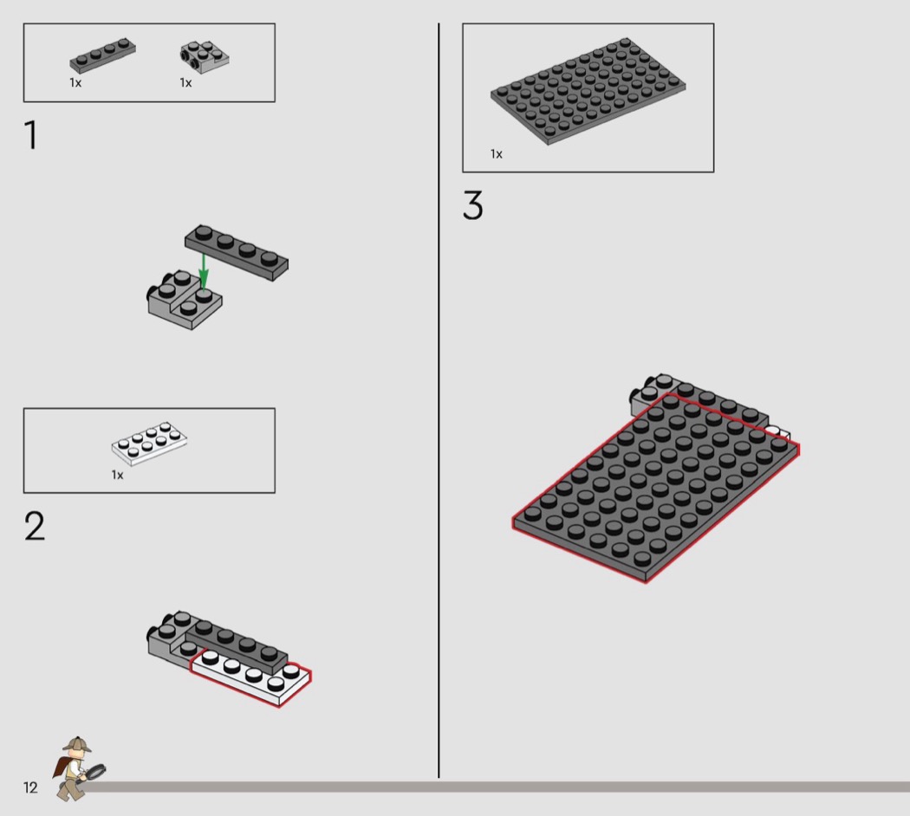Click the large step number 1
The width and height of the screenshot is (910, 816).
(31, 134)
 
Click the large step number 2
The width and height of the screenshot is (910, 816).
(35, 526)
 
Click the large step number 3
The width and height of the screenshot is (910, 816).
(473, 205)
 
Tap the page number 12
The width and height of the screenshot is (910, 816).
(30, 787)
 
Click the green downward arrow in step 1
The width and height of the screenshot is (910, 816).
(203, 271)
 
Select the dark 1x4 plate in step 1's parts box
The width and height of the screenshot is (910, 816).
(103, 55)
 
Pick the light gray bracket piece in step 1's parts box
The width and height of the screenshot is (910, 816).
(205, 57)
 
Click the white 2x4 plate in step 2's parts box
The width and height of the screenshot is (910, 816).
(149, 444)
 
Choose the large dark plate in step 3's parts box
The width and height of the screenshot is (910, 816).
(588, 91)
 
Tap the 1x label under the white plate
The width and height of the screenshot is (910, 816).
(117, 475)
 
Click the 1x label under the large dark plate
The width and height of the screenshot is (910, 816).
(497, 153)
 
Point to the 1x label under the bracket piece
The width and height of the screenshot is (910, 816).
(185, 83)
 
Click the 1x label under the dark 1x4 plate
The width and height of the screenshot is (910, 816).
(75, 83)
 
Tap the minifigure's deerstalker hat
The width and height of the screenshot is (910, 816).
(77, 744)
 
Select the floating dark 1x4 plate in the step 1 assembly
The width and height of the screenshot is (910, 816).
(237, 252)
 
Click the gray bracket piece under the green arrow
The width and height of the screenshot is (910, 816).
(185, 299)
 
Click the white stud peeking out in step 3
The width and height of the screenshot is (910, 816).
(777, 432)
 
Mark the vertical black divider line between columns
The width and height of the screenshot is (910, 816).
(439, 400)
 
